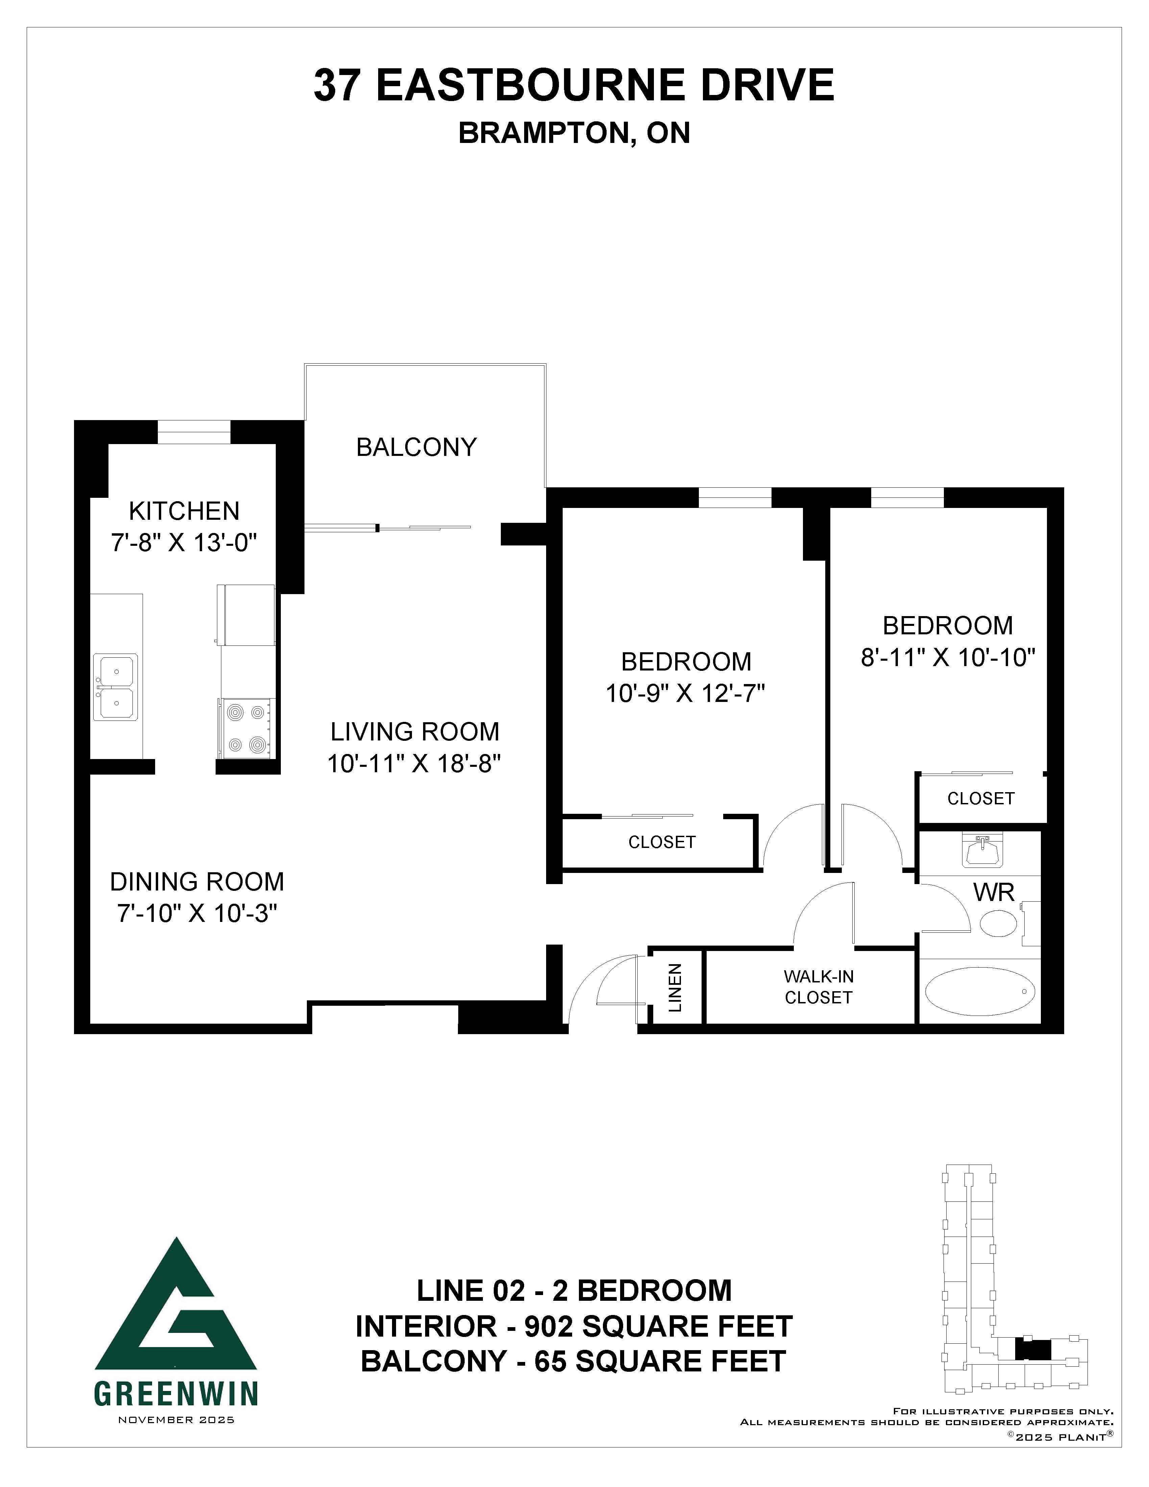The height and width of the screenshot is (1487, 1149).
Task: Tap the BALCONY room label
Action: coord(417,447)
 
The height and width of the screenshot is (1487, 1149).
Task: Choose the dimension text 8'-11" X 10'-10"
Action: coord(948,658)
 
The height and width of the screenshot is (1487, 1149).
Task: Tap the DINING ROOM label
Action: coord(197,882)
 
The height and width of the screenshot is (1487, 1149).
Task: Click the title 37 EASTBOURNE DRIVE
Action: coord(574,85)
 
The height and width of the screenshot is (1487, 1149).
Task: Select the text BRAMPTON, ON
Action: coord(574,133)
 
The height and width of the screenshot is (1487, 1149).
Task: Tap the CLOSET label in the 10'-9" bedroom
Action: coord(662,842)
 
